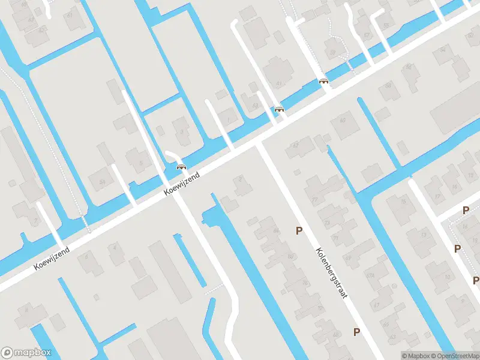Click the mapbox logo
click(x=26, y=353)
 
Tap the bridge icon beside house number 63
click(x=279, y=109)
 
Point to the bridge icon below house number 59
click(x=324, y=81)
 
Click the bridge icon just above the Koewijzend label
click(x=181, y=167)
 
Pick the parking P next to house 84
click(x=298, y=230)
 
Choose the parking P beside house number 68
click(x=356, y=331)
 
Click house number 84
click(x=276, y=230)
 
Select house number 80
click(x=290, y=257)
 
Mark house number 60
click(x=343, y=121)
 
